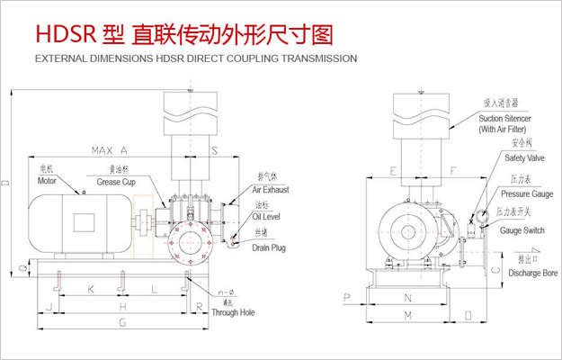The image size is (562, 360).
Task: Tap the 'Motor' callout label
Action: point(47,180)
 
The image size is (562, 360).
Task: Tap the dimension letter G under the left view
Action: point(122,322)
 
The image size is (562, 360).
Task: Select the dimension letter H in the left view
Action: point(122,306)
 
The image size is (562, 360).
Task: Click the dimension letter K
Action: point(89,290)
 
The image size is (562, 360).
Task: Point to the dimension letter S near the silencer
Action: point(213,149)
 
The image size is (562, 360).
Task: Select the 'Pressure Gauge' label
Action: point(527,193)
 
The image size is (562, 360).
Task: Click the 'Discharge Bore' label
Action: point(526,271)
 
